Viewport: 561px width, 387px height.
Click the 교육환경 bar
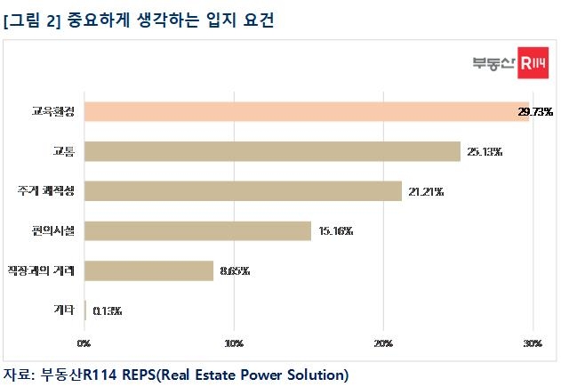(307, 111)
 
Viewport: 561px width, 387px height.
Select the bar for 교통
(272, 151)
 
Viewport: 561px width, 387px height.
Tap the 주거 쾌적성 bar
(243, 191)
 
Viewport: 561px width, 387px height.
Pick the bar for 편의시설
(197, 231)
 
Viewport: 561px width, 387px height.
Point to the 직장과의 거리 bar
(148, 270)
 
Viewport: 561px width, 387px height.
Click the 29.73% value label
(535, 112)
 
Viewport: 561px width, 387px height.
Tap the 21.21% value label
(425, 192)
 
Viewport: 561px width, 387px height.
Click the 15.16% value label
(334, 232)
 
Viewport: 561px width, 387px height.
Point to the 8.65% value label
(234, 271)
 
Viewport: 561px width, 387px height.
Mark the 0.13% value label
(107, 311)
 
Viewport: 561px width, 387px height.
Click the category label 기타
(64, 310)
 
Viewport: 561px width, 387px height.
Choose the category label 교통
(64, 151)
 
